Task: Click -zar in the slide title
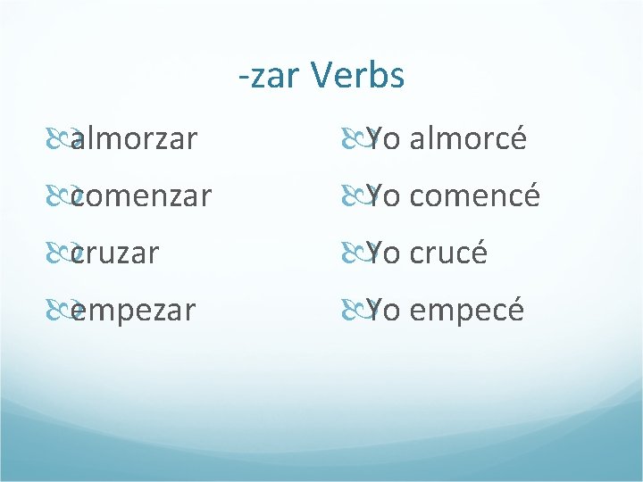[271, 78]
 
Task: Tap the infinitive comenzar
[140, 196]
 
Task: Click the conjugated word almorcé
[468, 139]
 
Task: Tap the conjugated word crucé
[448, 253]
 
